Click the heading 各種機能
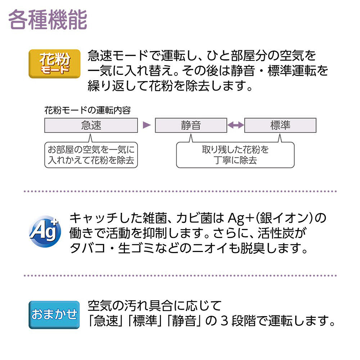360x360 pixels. [x=48, y=20]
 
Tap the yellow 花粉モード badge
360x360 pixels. [x=54, y=64]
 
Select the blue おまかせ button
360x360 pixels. [x=54, y=315]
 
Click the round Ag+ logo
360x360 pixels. [x=45, y=231]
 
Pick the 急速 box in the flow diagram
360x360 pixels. [x=91, y=125]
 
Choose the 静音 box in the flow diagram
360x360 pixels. [x=191, y=125]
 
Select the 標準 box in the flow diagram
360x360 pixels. [x=280, y=125]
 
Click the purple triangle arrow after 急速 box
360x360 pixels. [x=147, y=125]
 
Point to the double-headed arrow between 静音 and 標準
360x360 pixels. [x=236, y=125]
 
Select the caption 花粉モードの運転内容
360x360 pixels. [x=87, y=111]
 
